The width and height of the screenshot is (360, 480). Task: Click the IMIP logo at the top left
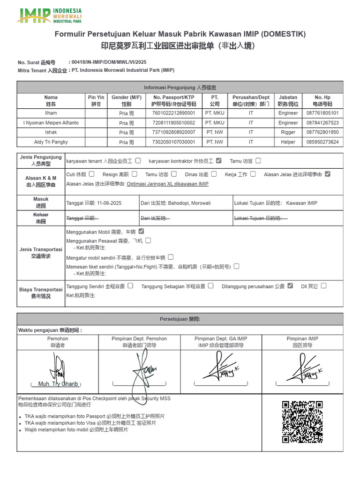[49, 15]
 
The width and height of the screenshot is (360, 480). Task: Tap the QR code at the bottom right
[302, 422]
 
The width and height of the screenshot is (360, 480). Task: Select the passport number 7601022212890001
[173, 113]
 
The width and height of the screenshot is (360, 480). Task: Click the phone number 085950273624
[322, 142]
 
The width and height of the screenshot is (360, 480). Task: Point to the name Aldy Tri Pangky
[51, 142]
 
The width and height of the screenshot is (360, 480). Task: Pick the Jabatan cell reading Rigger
[288, 132]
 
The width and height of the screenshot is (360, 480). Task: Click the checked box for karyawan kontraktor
[219, 161]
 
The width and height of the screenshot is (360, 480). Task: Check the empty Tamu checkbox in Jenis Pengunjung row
[258, 161]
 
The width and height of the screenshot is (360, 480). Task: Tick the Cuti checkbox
[91, 174]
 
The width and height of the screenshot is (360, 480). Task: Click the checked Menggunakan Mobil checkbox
[141, 231]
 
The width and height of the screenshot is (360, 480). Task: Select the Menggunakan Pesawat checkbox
[148, 240]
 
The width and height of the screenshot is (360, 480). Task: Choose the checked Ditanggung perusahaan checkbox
[290, 285]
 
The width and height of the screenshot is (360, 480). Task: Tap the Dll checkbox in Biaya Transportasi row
[323, 285]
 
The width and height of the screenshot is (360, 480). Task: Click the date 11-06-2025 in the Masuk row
[109, 203]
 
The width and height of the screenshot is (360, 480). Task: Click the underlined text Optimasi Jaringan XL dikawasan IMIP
[167, 184]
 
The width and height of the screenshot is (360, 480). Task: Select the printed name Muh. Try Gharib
[58, 384]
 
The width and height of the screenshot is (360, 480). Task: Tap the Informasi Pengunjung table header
[180, 87]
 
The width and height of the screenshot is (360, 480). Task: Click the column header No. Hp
[322, 100]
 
